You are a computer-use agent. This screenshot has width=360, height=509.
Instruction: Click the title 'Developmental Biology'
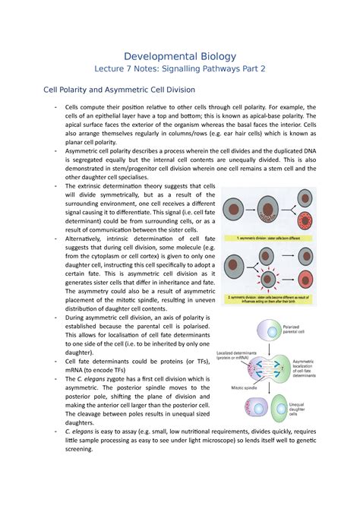tap(180, 56)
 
